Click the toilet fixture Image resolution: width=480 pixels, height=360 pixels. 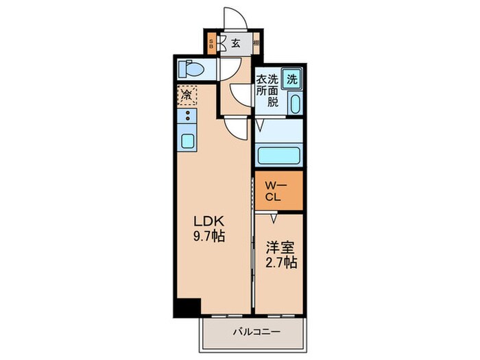pyautogui.click(x=192, y=69)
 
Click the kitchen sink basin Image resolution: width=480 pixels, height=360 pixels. pyautogui.click(x=187, y=142)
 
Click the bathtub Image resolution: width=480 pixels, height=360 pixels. pyautogui.click(x=278, y=156)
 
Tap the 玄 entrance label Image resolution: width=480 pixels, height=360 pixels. pyautogui.click(x=235, y=43)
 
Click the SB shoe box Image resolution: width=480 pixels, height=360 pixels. pyautogui.click(x=211, y=43)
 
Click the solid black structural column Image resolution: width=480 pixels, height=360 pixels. pyautogui.click(x=186, y=308)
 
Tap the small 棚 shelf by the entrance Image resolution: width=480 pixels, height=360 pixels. pyautogui.click(x=255, y=43)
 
